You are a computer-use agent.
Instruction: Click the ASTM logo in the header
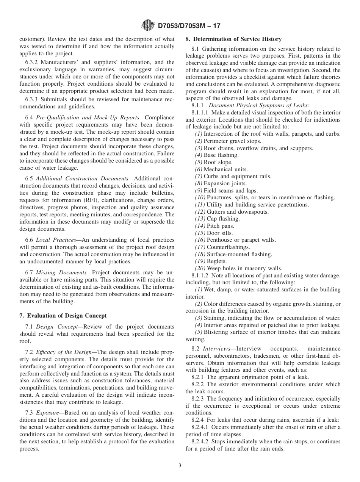click(147, 26)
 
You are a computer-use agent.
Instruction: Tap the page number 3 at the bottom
click(180, 466)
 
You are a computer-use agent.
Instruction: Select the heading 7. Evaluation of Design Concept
click(63, 315)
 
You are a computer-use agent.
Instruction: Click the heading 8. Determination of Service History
click(233, 39)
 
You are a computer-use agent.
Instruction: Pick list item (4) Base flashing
click(217, 155)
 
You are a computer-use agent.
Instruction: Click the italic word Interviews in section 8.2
click(216, 349)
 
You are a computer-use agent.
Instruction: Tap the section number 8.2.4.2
click(201, 441)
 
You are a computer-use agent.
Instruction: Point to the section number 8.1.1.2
click(200, 275)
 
